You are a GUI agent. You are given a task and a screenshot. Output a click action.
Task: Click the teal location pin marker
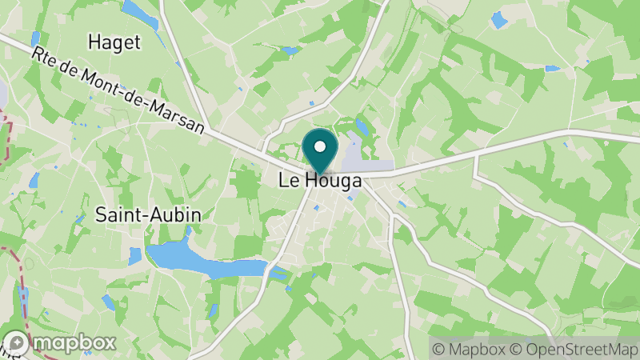[x=320, y=150]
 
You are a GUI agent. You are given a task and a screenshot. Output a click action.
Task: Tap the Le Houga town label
[x=320, y=181]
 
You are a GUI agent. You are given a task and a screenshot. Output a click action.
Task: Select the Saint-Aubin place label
[x=148, y=214]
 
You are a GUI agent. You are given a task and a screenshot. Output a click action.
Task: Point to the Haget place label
[x=114, y=42]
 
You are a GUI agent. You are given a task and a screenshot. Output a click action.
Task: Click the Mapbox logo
[x=60, y=342]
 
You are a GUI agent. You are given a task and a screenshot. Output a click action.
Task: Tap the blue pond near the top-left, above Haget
[x=139, y=13]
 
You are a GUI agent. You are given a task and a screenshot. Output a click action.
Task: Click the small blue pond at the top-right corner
[x=499, y=19]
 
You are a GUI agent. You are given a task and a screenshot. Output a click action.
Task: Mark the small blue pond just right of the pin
[x=362, y=127]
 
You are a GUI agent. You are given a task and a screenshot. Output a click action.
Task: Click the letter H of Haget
[x=94, y=42]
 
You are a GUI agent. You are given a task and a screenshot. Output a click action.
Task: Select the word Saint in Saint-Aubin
[x=118, y=214]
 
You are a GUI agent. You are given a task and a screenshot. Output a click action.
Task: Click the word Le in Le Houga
[x=287, y=181]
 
